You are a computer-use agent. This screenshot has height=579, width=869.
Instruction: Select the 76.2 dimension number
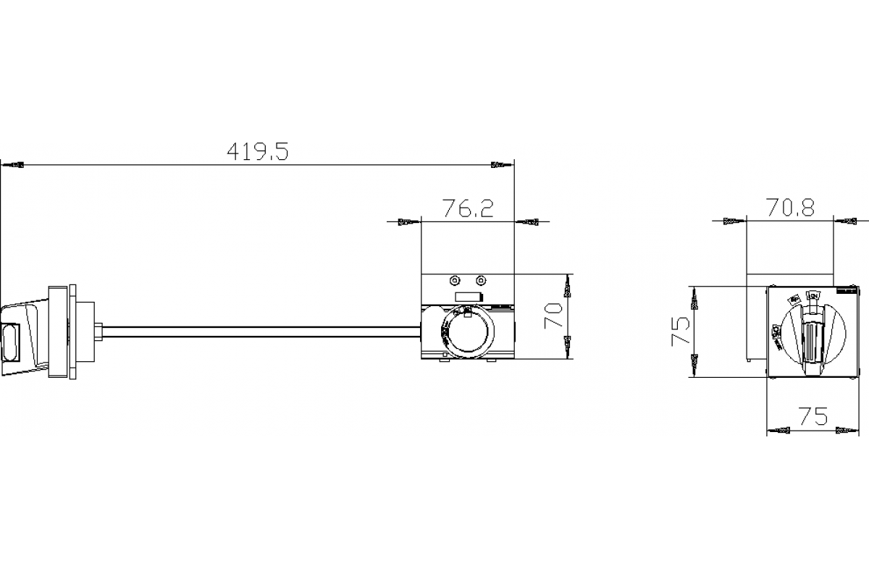click(468, 209)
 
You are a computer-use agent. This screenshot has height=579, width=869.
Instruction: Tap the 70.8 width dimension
click(790, 208)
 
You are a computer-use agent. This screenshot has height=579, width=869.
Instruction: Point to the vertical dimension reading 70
click(554, 316)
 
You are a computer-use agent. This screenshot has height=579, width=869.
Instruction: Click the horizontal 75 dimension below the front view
click(812, 416)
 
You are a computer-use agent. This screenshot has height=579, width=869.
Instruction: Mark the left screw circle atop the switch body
click(454, 281)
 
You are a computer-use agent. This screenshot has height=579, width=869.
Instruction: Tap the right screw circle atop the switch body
click(480, 281)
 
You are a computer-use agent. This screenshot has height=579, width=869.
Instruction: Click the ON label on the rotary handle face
click(813, 295)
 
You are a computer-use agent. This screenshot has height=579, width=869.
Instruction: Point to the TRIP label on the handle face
click(794, 299)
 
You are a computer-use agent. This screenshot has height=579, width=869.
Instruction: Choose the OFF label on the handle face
click(776, 331)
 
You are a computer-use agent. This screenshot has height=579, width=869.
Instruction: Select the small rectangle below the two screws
click(469, 296)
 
